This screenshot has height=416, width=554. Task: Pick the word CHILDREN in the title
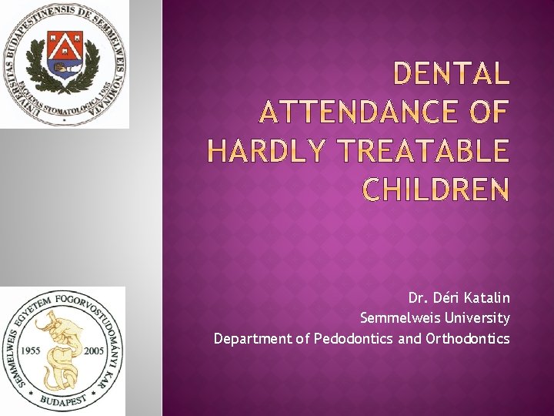click(436, 190)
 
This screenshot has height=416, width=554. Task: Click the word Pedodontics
click(353, 338)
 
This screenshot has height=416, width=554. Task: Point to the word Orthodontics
click(467, 338)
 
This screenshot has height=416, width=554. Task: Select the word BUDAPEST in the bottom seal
click(62, 402)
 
